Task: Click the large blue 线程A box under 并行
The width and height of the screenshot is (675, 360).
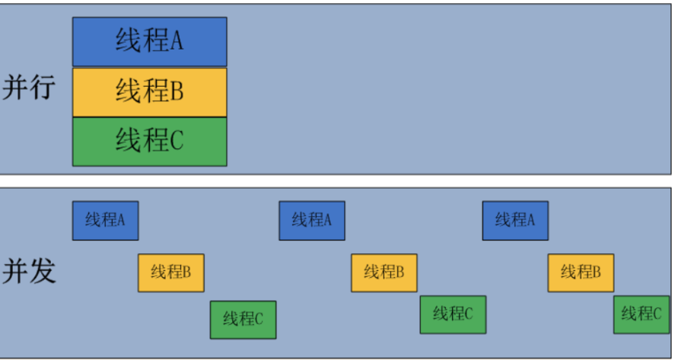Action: pos(149,41)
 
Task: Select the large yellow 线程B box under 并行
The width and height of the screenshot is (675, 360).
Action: pos(149,92)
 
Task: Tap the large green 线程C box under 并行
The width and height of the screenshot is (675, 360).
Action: pos(149,141)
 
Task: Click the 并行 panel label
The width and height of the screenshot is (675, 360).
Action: pos(29,88)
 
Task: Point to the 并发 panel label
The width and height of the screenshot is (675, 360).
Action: pos(29,271)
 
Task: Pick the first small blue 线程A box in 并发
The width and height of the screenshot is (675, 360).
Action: pos(105,220)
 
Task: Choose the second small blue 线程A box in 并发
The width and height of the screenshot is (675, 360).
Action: pos(311,220)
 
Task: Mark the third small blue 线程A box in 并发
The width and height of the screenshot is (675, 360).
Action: pos(514,220)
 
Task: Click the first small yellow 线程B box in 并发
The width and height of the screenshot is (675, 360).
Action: pos(170,272)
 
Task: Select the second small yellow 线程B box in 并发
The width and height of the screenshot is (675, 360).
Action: pos(384,272)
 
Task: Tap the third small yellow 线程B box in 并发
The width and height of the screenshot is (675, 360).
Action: pos(581,272)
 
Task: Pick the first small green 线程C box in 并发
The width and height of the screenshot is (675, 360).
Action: pos(243,319)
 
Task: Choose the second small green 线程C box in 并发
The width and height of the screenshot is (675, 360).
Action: pos(453,314)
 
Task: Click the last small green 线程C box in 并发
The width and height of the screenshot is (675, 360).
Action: pos(641,314)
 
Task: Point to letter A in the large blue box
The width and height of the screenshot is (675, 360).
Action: pos(177,41)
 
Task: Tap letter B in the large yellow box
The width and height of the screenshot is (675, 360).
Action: pos(177,92)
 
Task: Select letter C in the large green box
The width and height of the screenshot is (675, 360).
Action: pos(177,141)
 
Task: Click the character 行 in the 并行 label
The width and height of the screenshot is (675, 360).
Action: pos(43,88)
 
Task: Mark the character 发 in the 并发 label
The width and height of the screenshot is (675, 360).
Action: pos(43,271)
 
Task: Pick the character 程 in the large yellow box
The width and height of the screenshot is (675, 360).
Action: pos(154,92)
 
